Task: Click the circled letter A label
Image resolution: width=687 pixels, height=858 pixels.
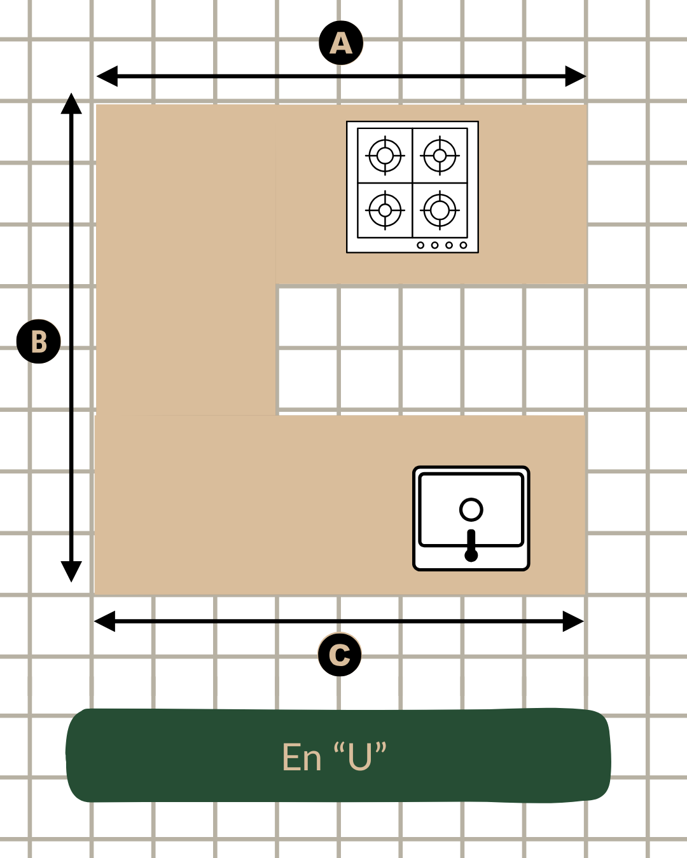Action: point(341,43)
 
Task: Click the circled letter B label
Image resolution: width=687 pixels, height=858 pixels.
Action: point(38,341)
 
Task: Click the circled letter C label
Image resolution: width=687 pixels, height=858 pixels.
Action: point(340,654)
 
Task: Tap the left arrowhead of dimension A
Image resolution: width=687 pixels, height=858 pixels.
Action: point(107,76)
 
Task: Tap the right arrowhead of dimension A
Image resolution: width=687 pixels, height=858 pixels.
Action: point(576,76)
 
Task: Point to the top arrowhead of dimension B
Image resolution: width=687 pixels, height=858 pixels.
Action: point(71,104)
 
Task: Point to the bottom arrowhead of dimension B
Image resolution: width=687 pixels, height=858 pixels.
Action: point(71,571)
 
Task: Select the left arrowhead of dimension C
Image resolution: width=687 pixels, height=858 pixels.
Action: point(104,621)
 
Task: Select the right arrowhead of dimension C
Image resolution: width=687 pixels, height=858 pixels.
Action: point(573,621)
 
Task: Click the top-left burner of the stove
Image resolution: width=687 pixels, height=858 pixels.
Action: point(385,156)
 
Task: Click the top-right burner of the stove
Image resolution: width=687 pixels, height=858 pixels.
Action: point(440,156)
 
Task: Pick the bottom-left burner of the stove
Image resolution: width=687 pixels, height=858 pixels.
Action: point(385,210)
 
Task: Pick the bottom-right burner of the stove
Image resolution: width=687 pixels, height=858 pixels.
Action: point(440,210)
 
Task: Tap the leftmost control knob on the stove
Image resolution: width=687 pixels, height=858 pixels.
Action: point(420,245)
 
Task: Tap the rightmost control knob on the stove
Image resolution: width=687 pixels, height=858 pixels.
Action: point(463,245)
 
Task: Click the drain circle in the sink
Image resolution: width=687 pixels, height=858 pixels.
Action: point(471,510)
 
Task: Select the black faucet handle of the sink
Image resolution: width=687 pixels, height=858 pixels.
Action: point(471,545)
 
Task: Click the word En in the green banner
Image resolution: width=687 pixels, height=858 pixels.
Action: point(302,757)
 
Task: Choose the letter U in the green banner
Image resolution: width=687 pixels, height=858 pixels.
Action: point(359,757)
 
